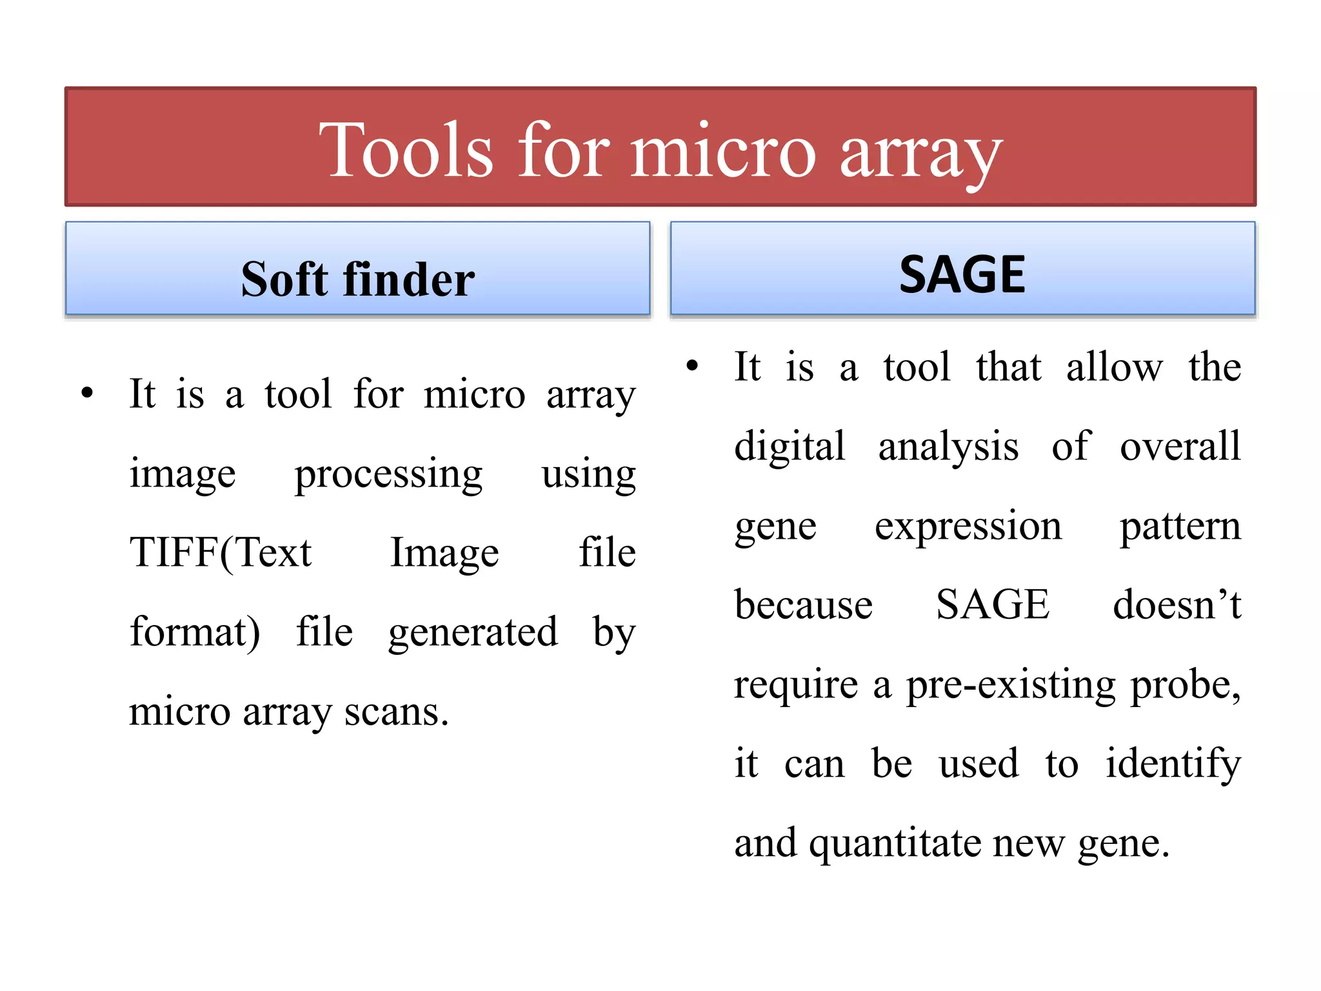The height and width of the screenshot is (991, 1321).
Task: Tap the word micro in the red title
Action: click(x=723, y=152)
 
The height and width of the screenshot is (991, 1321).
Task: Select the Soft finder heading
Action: click(x=358, y=279)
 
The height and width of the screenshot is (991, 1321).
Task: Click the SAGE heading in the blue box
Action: click(x=962, y=275)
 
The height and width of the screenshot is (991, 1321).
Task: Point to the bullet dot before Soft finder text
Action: click(x=87, y=393)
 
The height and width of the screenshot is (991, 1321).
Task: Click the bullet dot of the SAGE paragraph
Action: click(x=692, y=366)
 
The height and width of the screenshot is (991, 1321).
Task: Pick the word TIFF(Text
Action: click(x=221, y=553)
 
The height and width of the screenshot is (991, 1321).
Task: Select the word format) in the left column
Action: click(x=195, y=632)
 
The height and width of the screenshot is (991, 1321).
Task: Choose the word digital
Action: click(x=790, y=446)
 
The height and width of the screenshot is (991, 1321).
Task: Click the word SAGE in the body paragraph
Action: click(x=993, y=605)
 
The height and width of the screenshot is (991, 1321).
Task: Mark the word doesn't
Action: click(x=1177, y=605)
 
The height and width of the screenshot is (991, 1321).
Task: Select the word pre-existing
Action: click(x=1011, y=685)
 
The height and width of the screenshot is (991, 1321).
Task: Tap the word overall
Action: click(x=1180, y=446)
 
